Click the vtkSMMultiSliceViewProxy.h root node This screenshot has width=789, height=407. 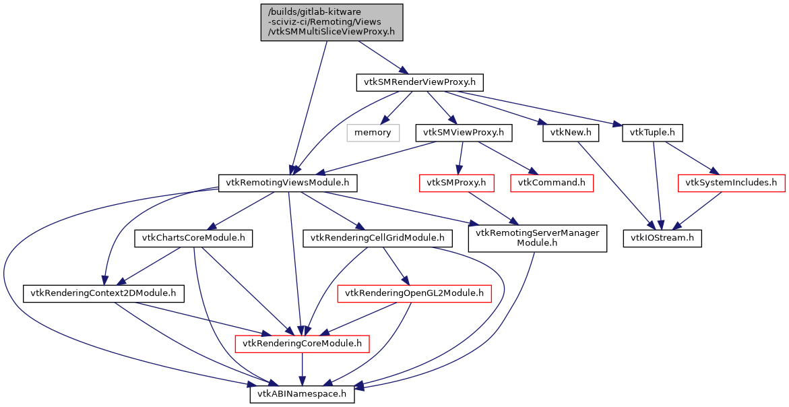point(332,22)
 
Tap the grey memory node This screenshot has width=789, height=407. point(373,132)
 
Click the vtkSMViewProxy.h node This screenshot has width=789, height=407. point(462,132)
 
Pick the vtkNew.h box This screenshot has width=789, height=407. point(570,132)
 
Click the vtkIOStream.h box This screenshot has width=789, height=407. point(662,238)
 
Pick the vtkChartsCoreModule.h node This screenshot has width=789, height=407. point(193,238)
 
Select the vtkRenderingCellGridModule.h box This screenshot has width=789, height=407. point(377,238)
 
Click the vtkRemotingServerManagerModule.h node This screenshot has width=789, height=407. point(537,238)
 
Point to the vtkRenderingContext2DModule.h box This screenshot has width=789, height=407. point(104,293)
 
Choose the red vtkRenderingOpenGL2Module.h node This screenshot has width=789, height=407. point(414,293)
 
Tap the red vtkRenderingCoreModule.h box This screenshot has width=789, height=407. point(302,344)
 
